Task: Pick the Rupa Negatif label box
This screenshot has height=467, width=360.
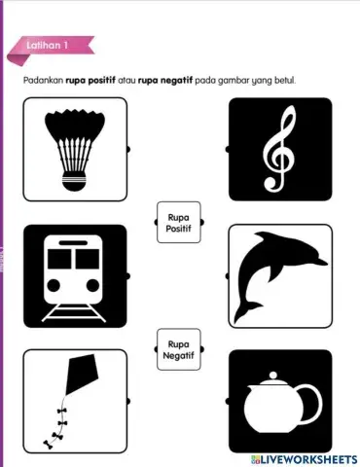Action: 178,349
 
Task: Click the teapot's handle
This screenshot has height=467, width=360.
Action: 310,401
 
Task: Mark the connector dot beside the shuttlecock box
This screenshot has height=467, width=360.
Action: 129,149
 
